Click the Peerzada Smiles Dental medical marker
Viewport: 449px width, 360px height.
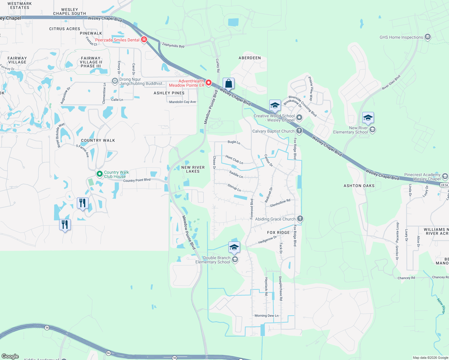144,40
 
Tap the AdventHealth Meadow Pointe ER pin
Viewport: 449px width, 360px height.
208,82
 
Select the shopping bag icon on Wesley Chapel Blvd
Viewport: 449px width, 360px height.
228,83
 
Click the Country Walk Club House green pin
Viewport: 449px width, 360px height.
99,174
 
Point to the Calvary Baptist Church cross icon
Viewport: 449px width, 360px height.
299,131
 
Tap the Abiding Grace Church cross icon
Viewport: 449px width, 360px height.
300,218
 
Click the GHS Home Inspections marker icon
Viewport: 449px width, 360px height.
428,37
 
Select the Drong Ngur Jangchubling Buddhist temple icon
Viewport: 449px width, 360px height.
115,81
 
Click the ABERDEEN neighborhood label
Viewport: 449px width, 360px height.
250,58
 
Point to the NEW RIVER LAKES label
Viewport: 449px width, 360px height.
193,169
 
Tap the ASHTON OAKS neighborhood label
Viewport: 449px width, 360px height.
359,186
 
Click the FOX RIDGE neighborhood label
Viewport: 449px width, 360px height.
279,232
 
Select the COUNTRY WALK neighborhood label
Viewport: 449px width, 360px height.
98,140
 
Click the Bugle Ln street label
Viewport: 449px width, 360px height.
234,142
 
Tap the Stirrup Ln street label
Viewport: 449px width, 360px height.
234,188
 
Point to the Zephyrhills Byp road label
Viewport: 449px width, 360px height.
173,45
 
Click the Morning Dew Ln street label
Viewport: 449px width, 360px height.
266,316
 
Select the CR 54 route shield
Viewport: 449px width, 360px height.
444,185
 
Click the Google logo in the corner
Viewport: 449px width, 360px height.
10,356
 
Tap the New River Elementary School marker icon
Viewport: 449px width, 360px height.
372,130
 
